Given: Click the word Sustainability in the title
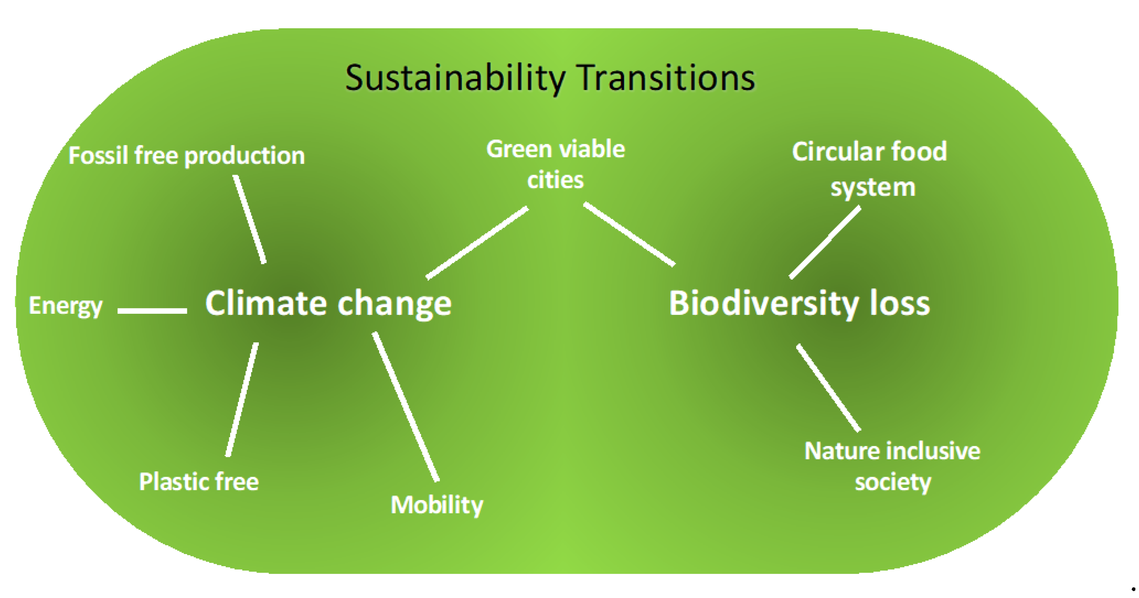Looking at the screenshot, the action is (455, 79).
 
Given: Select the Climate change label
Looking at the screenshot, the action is (328, 304).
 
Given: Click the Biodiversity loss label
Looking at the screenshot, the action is (799, 304).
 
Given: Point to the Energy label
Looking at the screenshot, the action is (66, 306).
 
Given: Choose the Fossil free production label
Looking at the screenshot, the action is (187, 156).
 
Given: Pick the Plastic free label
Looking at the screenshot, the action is (199, 481).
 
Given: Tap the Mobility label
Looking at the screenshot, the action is (437, 505).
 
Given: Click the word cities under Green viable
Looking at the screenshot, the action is (555, 180).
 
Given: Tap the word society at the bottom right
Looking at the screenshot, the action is (893, 482).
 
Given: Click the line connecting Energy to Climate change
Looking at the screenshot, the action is (152, 311).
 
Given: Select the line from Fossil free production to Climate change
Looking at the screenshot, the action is (250, 219).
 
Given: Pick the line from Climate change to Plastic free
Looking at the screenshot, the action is (242, 399).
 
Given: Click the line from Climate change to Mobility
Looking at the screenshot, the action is (405, 406).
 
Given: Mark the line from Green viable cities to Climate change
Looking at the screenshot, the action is (477, 242).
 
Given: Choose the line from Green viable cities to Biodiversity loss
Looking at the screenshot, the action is (629, 235).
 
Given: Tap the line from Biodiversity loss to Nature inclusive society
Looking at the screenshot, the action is (829, 388).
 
